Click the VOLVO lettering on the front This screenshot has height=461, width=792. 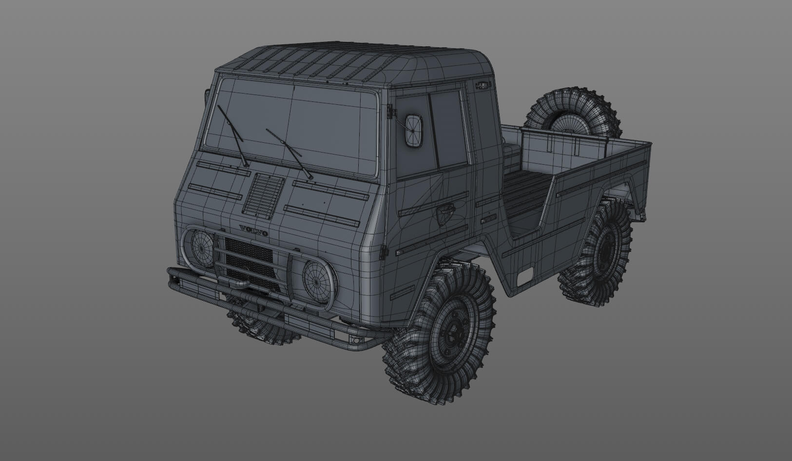click(x=253, y=230)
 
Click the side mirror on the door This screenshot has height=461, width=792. click(x=413, y=130)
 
